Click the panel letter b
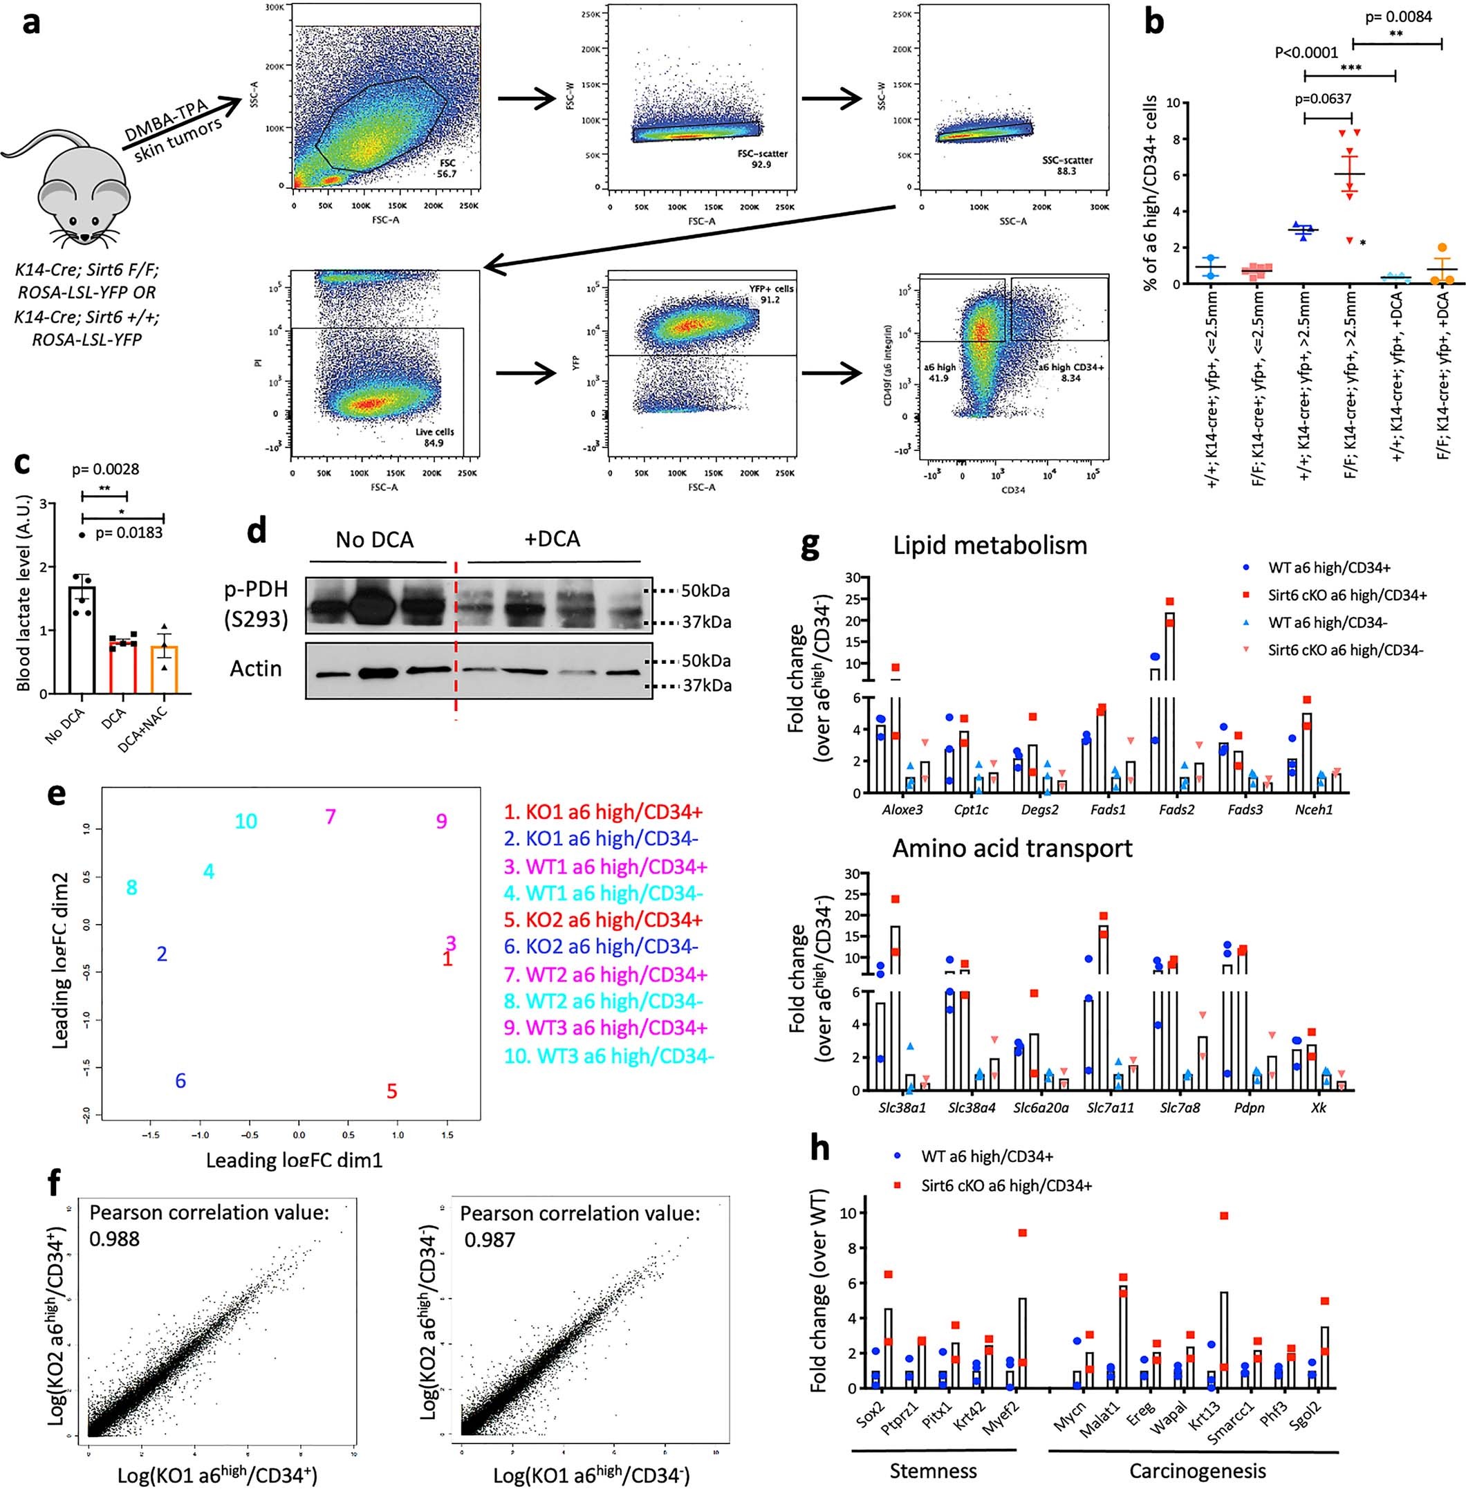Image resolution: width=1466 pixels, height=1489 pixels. (x=1154, y=23)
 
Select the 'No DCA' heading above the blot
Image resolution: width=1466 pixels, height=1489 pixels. (x=375, y=539)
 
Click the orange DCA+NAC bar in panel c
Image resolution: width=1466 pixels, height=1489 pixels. (x=164, y=668)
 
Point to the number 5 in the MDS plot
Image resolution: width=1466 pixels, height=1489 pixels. (x=392, y=1091)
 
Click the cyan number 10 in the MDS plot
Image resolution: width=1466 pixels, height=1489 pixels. (x=245, y=822)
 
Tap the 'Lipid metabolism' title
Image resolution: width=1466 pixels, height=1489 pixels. (x=990, y=545)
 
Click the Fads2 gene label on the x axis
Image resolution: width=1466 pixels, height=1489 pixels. (x=1176, y=810)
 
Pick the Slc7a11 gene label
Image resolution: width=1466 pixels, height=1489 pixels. (x=1108, y=1109)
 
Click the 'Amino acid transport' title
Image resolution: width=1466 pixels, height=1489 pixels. (x=1012, y=848)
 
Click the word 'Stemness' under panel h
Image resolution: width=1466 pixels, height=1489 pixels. (x=933, y=1471)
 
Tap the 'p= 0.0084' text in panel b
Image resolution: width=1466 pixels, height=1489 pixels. (x=1398, y=17)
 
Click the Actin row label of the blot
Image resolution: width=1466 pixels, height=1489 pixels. (x=256, y=668)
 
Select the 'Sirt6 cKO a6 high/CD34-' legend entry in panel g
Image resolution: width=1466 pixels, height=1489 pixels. (x=1346, y=650)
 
